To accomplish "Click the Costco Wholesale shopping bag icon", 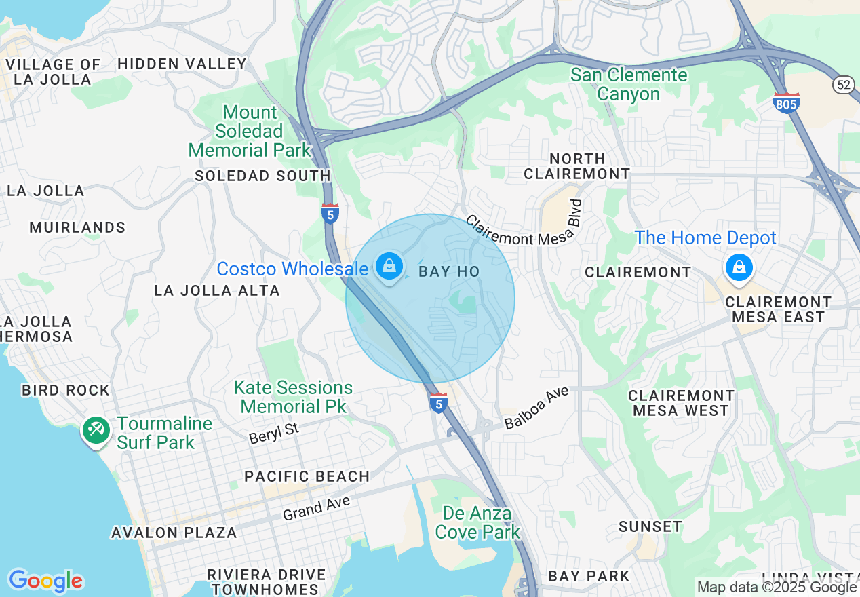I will click(x=389, y=267).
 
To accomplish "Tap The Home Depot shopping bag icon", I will click(x=739, y=267).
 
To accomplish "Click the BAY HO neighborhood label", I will click(x=449, y=272).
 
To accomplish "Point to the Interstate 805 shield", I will click(x=786, y=102).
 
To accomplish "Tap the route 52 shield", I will click(x=843, y=84).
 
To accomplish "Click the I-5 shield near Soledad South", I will click(x=330, y=213).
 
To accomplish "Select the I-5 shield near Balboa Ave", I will click(x=439, y=403).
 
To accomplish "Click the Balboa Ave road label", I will click(x=536, y=408).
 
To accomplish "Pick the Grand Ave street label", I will click(x=316, y=508).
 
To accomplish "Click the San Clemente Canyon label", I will click(x=629, y=84).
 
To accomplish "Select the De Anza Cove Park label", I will click(x=477, y=522).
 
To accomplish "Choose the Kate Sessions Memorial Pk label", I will click(x=293, y=397).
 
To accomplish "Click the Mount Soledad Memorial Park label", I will click(x=250, y=131).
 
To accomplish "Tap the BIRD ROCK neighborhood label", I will click(x=66, y=391).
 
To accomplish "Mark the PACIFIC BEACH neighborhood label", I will click(x=307, y=476).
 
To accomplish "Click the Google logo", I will click(x=45, y=581).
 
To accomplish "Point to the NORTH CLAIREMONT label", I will click(x=576, y=166).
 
